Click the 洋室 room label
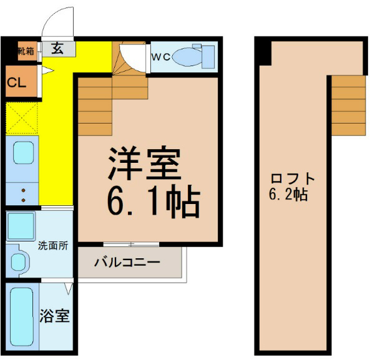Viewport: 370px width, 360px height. [x=144, y=163]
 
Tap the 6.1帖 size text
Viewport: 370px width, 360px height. [x=153, y=201]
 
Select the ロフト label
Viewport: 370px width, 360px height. [x=293, y=178]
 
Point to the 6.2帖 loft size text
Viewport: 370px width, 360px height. [x=288, y=195]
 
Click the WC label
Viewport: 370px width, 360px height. [x=161, y=57]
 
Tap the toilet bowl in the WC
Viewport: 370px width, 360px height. [x=187, y=57]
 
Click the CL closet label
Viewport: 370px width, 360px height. [x=16, y=82]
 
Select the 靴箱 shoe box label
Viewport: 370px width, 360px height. [x=26, y=51]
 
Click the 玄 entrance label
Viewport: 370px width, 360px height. [x=57, y=49]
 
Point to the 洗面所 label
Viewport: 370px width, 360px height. [x=53, y=246]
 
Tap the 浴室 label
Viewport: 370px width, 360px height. [x=54, y=316]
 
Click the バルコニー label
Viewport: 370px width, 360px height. [x=127, y=262]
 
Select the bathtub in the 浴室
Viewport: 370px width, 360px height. [x=21, y=318]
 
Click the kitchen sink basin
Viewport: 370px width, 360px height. [x=23, y=153]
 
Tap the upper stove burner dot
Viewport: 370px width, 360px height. [x=23, y=190]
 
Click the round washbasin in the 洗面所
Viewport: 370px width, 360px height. [x=18, y=262]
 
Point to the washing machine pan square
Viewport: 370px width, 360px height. [x=21, y=226]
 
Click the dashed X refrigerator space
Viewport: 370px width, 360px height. [x=22, y=118]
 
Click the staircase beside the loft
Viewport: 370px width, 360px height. [x=349, y=105]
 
